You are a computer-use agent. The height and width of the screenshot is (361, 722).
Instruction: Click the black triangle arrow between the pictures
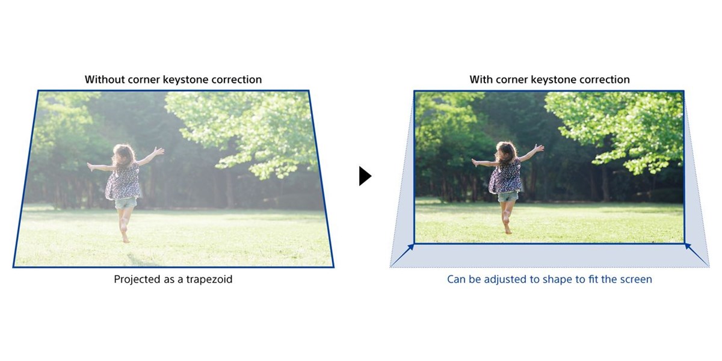point(365,176)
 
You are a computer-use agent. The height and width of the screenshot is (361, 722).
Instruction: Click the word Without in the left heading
point(105,79)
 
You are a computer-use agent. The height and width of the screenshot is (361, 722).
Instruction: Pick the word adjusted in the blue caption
point(508,279)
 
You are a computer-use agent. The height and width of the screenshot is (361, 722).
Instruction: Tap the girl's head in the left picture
point(123,155)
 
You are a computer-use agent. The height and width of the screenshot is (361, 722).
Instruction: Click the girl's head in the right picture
point(507,152)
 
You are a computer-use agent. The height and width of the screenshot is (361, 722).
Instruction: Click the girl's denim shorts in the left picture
point(126,203)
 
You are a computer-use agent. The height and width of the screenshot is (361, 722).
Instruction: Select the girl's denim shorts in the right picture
point(508,197)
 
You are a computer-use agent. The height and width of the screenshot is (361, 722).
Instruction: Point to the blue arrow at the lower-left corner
point(402,255)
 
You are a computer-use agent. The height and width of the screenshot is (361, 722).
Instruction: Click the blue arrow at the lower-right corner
point(697,255)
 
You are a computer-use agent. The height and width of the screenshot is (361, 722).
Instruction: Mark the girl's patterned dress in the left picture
point(123,182)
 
